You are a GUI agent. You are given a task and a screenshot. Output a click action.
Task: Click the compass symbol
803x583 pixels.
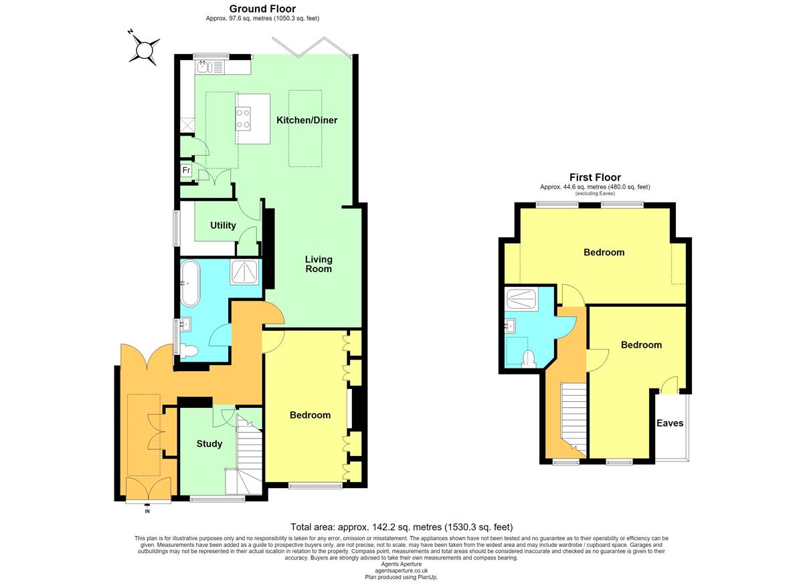coord(144,49)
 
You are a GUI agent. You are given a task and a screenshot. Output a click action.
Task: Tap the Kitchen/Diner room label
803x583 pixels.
coord(307,120)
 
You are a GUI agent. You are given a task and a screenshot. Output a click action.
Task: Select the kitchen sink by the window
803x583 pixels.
coord(203,66)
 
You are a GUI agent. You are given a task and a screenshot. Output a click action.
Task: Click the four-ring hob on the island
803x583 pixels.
coord(243,118)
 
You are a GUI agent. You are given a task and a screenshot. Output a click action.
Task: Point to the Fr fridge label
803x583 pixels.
coord(186,170)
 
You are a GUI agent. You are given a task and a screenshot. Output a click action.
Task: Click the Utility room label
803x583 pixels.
coord(223,225)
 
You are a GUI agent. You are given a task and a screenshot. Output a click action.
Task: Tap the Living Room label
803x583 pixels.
coord(319,264)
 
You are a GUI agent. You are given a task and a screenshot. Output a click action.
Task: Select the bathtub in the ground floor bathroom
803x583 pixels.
coord(190,283)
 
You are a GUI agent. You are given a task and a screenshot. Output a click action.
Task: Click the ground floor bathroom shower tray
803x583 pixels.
coord(244,273)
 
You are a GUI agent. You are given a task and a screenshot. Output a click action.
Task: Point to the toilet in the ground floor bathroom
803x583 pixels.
coord(189,350)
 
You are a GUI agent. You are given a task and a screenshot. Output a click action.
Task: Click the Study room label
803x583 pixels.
coord(209,444)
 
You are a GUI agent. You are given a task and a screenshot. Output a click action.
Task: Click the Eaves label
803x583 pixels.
coord(670,423)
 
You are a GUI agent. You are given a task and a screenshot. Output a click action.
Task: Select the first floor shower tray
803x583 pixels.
coord(522,299)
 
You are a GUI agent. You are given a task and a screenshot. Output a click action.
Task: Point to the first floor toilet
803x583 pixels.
coord(529,359)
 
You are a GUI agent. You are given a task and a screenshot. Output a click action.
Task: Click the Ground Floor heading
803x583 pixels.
coord(262,9)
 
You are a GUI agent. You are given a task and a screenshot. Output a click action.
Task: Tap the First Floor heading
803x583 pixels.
coord(595,177)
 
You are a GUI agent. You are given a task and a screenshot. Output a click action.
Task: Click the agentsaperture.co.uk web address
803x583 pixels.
coord(401,571)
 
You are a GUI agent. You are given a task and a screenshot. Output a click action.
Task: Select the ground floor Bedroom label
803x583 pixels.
coord(310,415)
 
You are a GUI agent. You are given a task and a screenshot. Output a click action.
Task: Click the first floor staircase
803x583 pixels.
coord(573,419)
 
